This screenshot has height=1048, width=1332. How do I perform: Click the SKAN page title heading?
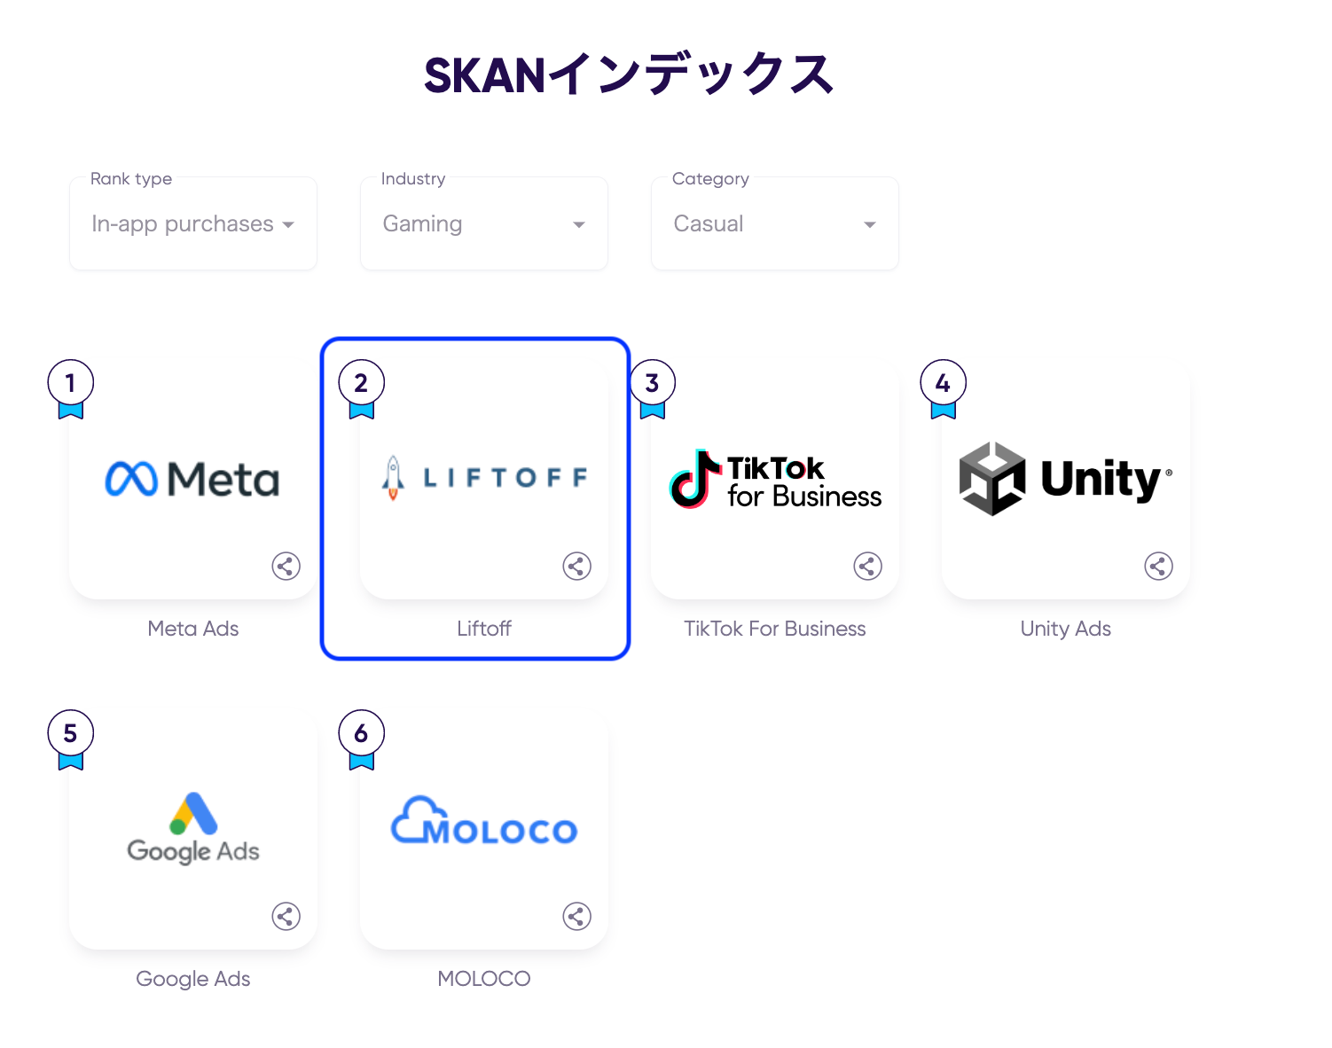coord(628,74)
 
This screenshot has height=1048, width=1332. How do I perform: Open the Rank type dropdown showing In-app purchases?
coord(193,224)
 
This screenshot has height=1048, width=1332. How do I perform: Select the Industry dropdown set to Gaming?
coord(484,224)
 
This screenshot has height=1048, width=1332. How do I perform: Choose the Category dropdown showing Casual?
coord(775,224)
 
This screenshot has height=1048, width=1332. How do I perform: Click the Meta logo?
coord(192,480)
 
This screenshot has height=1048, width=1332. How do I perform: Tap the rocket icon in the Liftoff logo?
coord(393,478)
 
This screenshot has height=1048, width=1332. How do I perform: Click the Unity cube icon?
coord(992,479)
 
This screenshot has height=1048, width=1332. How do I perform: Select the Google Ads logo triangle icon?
coord(194,813)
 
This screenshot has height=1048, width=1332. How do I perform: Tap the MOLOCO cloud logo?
coord(484,821)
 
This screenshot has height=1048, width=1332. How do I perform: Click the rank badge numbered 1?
coord(71,384)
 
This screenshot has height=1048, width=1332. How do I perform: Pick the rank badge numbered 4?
coord(943,384)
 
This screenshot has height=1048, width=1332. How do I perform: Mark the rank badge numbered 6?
coord(361,734)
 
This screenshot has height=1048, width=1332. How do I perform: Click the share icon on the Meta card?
coord(286,566)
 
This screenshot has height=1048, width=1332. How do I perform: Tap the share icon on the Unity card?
coord(1158,566)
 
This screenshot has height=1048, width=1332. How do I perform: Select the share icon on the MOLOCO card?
coord(576,916)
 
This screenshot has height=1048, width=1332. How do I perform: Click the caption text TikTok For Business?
coord(774,629)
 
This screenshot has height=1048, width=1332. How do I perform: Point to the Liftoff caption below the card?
coord(484,629)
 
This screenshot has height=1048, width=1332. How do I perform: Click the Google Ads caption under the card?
coord(193,979)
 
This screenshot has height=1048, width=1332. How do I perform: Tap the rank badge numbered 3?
coord(652,384)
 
